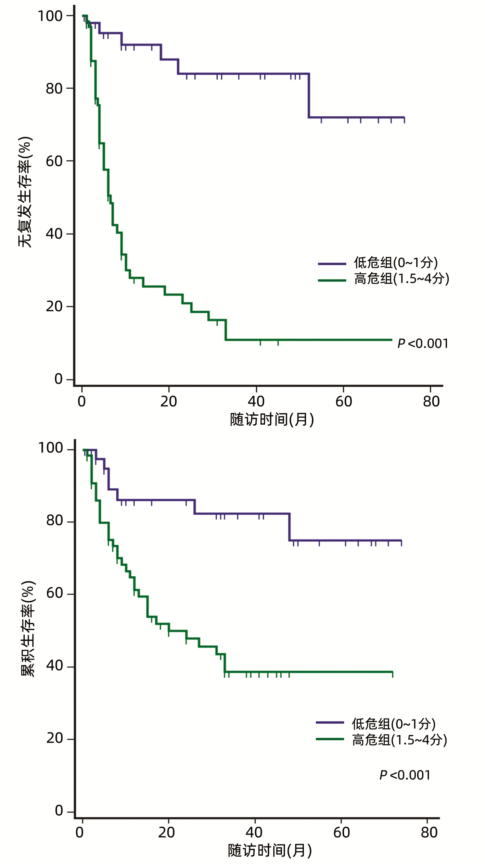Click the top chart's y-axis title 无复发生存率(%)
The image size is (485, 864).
(x=25, y=192)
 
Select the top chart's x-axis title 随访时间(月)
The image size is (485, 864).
(x=272, y=420)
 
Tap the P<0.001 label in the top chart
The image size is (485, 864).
(x=423, y=343)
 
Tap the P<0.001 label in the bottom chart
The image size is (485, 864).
(x=405, y=775)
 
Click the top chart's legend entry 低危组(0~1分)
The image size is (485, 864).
(x=396, y=263)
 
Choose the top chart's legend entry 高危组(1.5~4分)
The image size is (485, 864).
(x=401, y=278)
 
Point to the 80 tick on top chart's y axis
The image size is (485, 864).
(x=54, y=88)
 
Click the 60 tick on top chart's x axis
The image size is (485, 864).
(x=344, y=401)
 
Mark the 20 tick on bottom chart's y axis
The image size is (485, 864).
(x=54, y=738)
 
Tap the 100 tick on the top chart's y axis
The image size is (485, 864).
(x=50, y=16)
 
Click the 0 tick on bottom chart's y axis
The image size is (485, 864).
(x=59, y=811)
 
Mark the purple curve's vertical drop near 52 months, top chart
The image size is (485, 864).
(x=309, y=96)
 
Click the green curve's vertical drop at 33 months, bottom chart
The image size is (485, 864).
(x=225, y=663)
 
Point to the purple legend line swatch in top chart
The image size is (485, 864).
(x=332, y=264)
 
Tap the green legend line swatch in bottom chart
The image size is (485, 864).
(x=330, y=739)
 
